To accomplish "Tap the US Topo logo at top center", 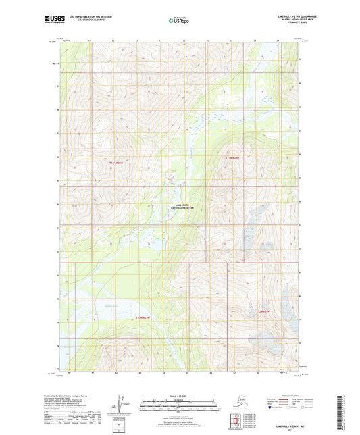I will click(178, 20).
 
